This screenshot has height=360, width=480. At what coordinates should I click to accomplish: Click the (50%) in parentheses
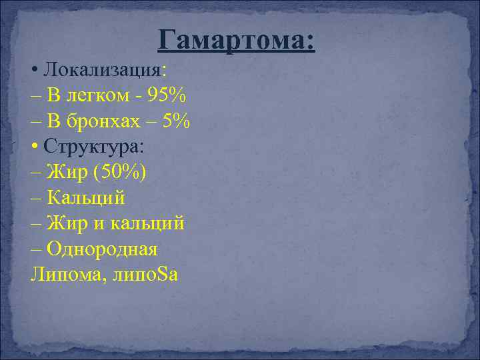tap(121, 172)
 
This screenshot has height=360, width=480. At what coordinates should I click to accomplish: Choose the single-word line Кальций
tap(87, 198)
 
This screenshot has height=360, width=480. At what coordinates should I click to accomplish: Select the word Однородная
tap(103, 249)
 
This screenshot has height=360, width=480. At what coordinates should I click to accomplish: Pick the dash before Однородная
tap(37, 250)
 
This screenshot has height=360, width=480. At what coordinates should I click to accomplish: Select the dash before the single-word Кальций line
tap(37, 199)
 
